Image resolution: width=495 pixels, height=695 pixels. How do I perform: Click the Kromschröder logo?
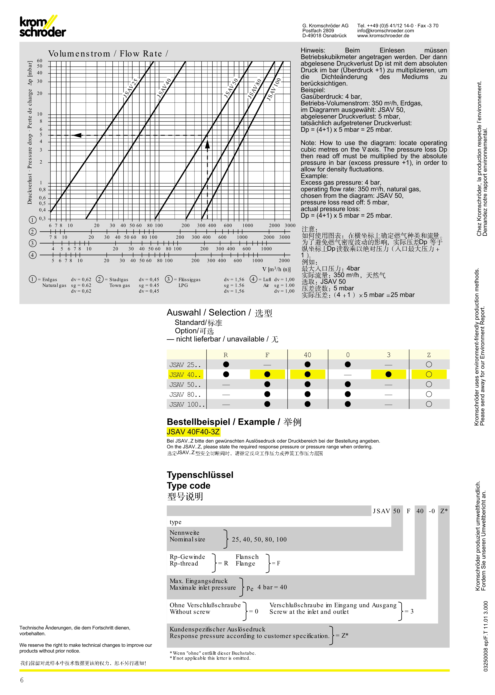pos(43,27)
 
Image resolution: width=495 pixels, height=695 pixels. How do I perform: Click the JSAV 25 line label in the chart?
pos(131,88)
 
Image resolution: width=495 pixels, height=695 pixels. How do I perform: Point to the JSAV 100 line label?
pos(274,89)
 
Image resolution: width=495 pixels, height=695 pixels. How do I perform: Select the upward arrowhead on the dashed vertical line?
pos(207,144)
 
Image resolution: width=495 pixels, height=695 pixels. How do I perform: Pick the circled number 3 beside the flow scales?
pos(33,243)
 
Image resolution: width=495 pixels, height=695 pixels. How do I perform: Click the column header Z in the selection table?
pos(429,355)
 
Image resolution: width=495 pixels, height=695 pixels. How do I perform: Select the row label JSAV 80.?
pos(185,395)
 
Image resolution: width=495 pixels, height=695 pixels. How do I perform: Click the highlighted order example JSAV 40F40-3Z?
pos(193,432)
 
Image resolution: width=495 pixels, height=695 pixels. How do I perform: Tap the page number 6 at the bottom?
pos(22,680)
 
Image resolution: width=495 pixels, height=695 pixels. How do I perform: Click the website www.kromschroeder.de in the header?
pos(383,36)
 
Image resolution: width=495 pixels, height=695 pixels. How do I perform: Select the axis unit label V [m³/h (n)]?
pos(276,269)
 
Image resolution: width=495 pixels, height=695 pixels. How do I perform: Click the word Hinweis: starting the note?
pos(313,50)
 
